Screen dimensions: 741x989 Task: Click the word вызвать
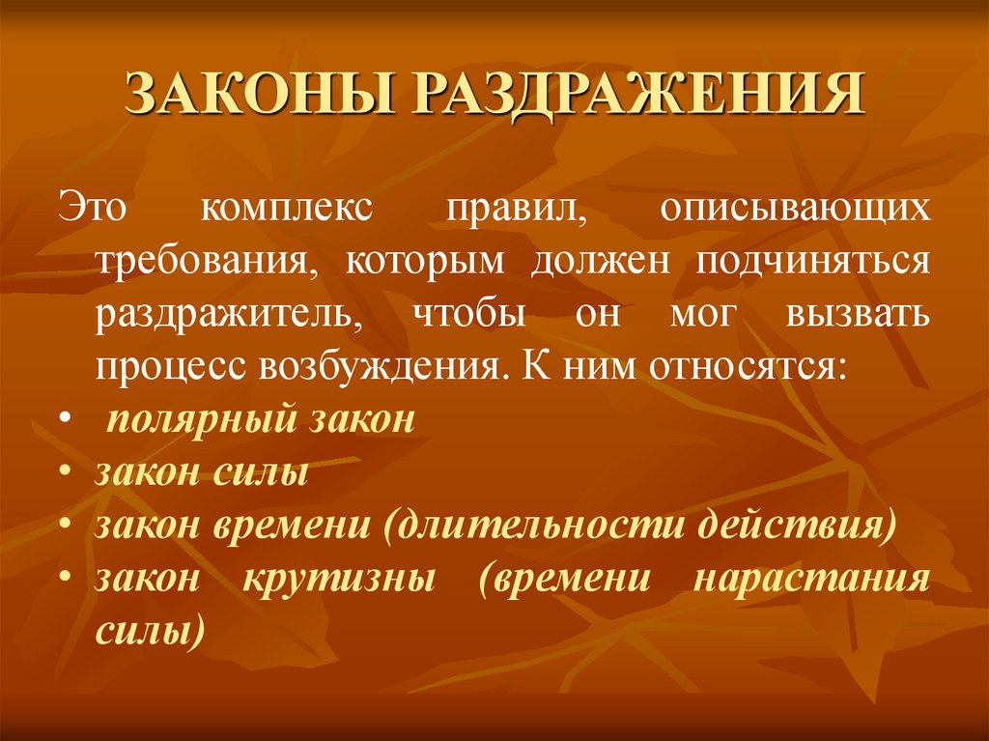[x=860, y=315]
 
